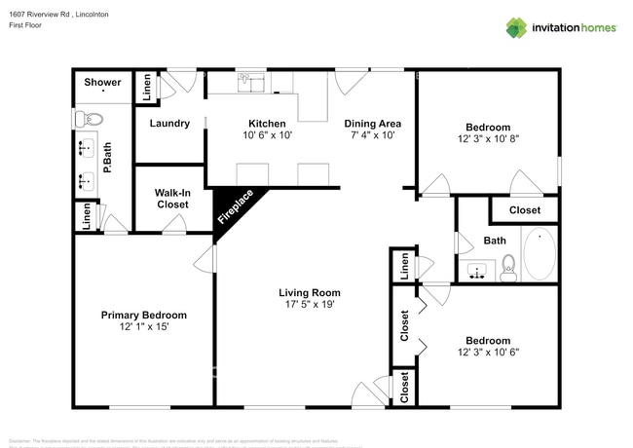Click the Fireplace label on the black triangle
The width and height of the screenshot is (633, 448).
point(235,207)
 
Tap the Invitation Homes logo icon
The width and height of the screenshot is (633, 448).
point(515,27)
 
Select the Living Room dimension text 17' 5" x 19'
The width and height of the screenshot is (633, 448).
point(309,305)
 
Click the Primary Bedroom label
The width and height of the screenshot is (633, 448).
point(144,316)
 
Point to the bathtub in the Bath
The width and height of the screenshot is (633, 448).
point(539,254)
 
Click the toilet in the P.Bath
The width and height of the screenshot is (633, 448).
point(88,120)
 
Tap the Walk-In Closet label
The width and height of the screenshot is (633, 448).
point(171,199)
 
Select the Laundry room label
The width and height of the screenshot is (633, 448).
point(168,124)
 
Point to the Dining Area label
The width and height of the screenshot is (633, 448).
point(374,124)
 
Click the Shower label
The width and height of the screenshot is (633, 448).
point(102,83)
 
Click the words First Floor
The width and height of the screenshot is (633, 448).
point(26,26)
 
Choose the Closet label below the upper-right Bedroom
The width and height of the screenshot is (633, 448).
point(524,209)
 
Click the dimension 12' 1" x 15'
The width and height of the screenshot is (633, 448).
point(144,327)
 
